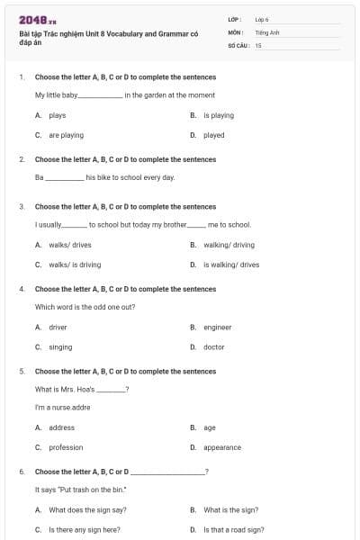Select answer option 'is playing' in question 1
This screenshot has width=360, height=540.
click(x=218, y=115)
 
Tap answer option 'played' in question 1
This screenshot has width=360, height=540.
click(x=213, y=135)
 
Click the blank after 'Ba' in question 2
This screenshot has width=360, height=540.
click(x=65, y=177)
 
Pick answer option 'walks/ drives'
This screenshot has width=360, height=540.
click(x=69, y=245)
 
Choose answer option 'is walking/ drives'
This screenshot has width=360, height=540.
click(x=230, y=265)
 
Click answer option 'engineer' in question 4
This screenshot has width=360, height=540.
click(x=217, y=328)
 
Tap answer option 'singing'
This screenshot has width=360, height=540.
click(x=60, y=347)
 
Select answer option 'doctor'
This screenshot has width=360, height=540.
click(x=213, y=347)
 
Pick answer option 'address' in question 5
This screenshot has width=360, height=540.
click(x=61, y=427)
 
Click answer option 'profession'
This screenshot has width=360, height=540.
click(x=66, y=447)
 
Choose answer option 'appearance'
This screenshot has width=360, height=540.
click(x=221, y=447)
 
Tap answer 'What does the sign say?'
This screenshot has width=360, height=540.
click(x=87, y=509)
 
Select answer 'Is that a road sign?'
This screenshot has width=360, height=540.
click(x=233, y=530)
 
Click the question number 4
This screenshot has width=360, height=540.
click(x=22, y=289)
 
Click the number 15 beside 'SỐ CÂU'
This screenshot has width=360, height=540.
click(x=258, y=45)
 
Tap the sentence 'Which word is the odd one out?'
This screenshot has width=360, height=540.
click(x=85, y=307)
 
